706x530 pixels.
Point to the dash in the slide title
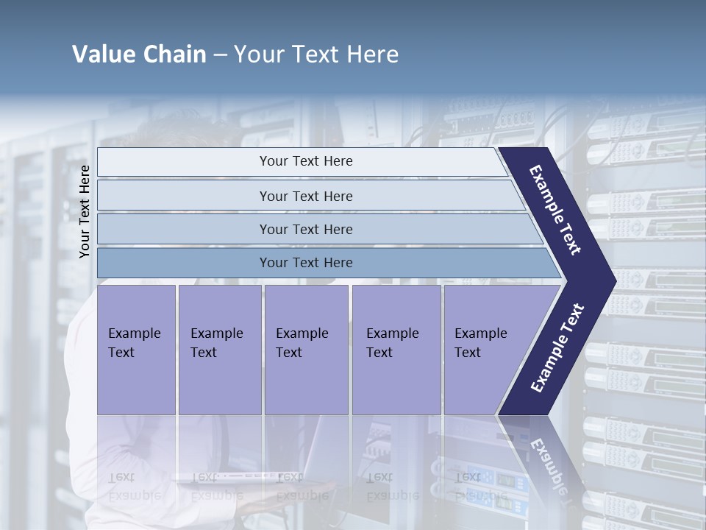(220, 55)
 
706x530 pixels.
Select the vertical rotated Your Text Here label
(85, 212)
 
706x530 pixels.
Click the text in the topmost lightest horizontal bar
(306, 161)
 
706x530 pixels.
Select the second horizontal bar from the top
(306, 196)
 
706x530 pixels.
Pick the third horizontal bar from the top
(306, 229)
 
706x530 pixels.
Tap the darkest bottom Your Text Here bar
(306, 263)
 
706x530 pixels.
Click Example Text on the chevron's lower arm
(557, 347)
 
